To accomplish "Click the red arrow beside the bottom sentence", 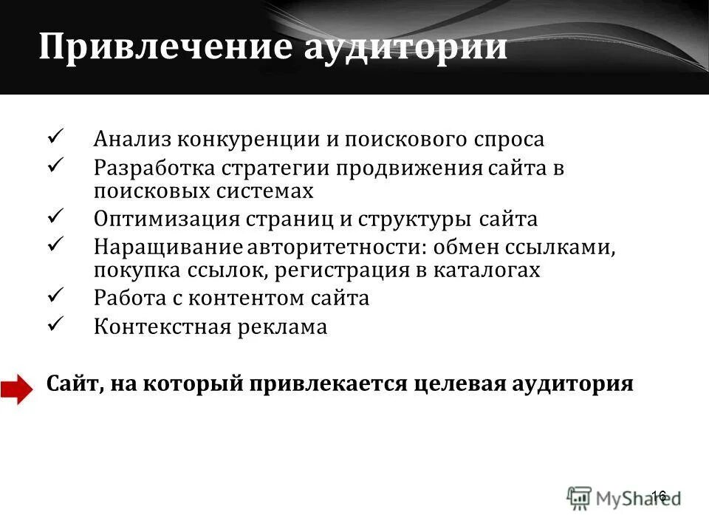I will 17,389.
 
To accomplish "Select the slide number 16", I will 659,496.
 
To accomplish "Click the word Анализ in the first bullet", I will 129,140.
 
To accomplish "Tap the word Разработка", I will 153,168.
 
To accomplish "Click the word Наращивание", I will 163,248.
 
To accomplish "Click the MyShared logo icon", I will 580,496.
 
